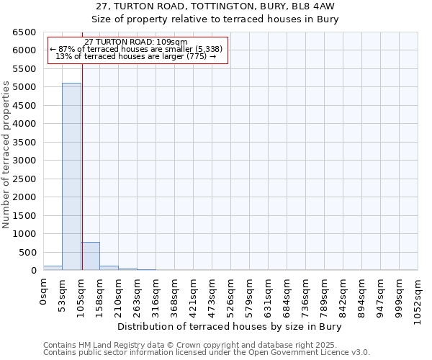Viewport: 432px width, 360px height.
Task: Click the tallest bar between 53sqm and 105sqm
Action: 71,176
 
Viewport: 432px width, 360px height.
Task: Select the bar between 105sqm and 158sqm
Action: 90,256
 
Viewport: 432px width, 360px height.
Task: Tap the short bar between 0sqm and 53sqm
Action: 53,268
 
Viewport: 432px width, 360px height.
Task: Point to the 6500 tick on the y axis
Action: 24,32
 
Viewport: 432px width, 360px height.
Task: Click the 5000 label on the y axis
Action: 24,87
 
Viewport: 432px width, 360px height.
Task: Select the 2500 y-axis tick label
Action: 24,179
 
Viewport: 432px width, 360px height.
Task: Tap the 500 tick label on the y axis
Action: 27,252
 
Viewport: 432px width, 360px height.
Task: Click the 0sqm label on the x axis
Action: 43,292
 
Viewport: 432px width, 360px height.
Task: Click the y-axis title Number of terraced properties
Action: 6,155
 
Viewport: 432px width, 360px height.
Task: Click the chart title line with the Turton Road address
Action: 216,7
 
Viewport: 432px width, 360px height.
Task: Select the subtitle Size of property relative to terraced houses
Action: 216,19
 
